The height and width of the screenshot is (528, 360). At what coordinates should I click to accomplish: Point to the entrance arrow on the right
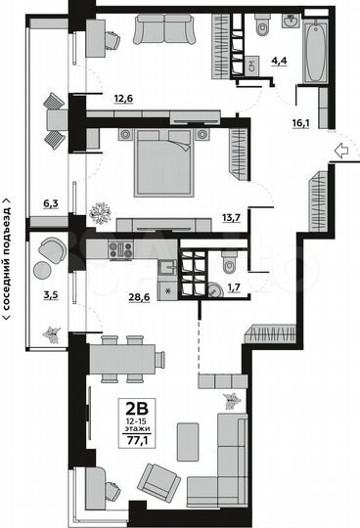338,150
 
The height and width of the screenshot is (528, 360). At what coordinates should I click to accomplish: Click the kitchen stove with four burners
120,249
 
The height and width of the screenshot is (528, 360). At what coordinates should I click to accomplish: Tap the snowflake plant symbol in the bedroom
100,210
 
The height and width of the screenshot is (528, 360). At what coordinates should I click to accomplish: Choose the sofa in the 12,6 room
163,32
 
